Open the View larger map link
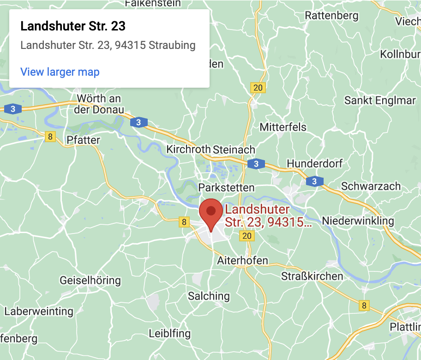click(x=60, y=72)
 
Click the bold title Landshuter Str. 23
click(x=73, y=26)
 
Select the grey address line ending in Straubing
click(x=108, y=45)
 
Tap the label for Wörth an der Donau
click(x=99, y=104)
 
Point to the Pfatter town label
click(x=83, y=140)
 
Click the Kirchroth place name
click(x=188, y=150)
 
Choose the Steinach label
click(x=234, y=150)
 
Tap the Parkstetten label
click(x=226, y=187)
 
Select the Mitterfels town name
click(x=283, y=127)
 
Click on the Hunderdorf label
click(x=316, y=164)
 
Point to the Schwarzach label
click(x=371, y=186)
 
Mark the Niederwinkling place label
click(x=358, y=221)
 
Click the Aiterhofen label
click(x=242, y=261)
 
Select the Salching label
click(x=209, y=296)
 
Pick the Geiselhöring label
click(x=90, y=280)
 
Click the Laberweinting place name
click(x=39, y=311)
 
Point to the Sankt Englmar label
click(x=380, y=101)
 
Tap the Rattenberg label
click(x=331, y=16)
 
